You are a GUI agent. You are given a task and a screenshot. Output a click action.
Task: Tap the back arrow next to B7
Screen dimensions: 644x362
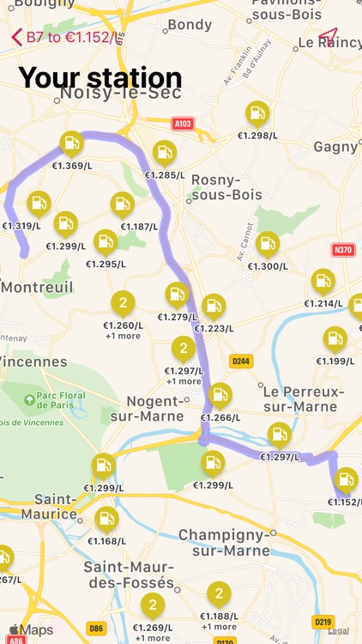pos(16,37)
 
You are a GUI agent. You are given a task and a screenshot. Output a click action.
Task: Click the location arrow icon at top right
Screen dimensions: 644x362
pos(328,37)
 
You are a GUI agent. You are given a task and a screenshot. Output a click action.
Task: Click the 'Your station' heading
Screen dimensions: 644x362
pos(100,78)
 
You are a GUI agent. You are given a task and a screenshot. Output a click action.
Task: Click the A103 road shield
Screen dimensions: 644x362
pos(183,124)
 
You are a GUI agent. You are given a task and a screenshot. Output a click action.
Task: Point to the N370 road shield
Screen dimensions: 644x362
pos(343,250)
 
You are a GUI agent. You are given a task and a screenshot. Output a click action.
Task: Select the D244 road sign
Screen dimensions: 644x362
pos(241,361)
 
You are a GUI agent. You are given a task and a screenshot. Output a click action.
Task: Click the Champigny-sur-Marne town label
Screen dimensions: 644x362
pos(225,543)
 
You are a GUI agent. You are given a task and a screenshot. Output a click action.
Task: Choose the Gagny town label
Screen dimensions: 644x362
pos(335,147)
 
